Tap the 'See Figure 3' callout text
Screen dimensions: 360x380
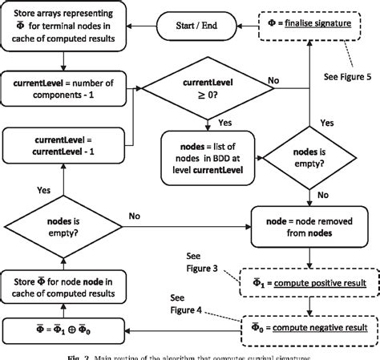[211, 261]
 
